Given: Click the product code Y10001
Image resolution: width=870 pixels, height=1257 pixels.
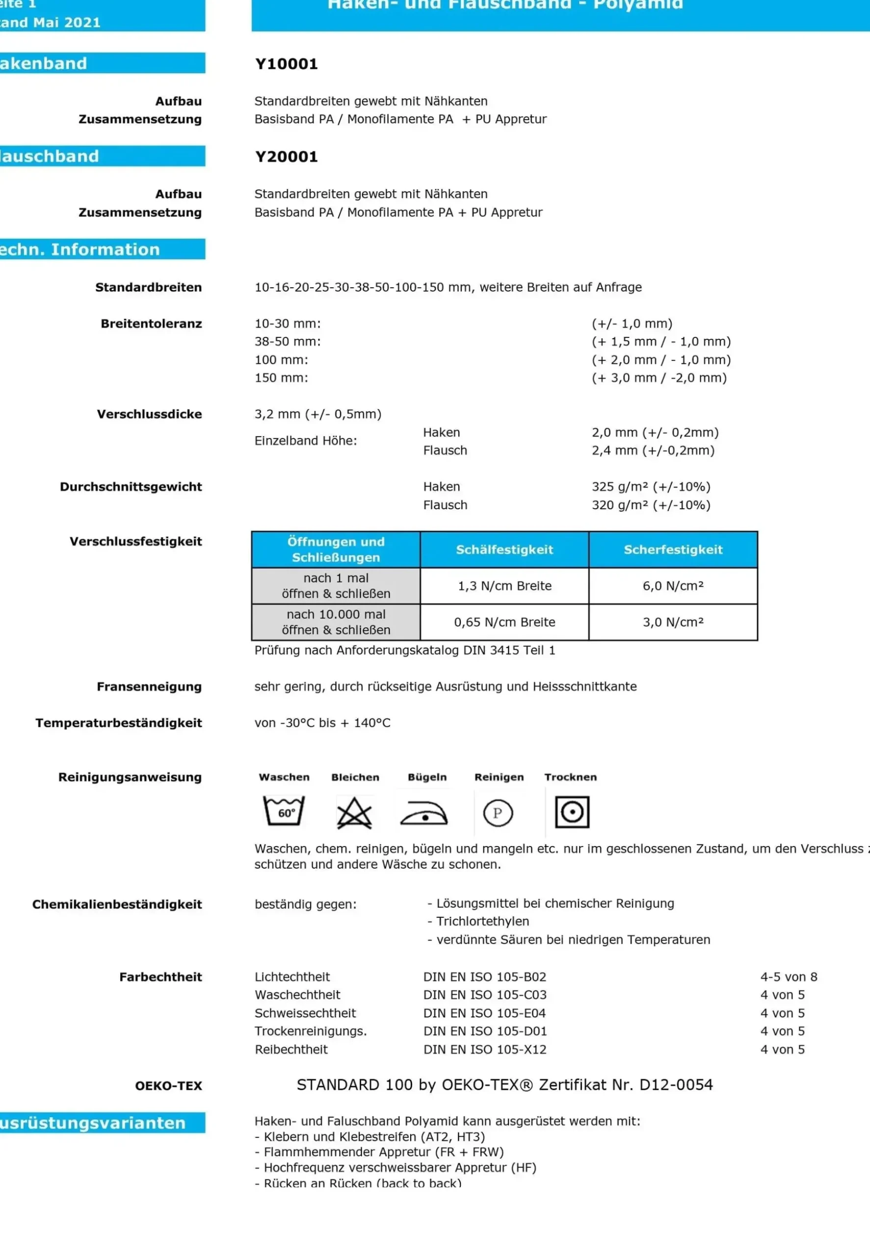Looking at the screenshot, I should point(286,64).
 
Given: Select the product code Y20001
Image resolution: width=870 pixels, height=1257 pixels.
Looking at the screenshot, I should point(286,157).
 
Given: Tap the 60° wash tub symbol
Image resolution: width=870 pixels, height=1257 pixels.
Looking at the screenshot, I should point(284,811).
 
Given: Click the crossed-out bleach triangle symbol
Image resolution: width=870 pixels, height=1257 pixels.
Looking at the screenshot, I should point(354,813).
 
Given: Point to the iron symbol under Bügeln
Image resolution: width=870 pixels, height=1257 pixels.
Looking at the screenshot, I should point(424,814).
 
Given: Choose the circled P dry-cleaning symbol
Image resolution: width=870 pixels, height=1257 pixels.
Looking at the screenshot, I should point(498,813).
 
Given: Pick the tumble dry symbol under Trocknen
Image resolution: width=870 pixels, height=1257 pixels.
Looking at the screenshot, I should point(572,812).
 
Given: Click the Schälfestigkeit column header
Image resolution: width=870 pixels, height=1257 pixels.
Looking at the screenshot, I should point(504,550).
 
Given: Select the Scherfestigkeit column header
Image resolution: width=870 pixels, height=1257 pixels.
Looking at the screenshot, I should point(673,550).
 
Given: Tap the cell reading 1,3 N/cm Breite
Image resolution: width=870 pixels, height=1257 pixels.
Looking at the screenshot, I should point(504,586).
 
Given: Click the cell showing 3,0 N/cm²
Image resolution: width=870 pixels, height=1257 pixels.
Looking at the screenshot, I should point(673,622).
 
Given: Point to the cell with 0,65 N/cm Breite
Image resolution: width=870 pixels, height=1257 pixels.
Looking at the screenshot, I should point(504,622).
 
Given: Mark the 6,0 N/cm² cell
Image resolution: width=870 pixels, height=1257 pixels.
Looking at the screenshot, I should point(673,586).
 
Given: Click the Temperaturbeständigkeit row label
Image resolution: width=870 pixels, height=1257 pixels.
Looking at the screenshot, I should point(119,723).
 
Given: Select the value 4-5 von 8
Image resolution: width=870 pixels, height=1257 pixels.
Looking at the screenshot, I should point(788,977).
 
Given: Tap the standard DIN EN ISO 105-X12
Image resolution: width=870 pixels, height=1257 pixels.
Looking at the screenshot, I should point(485,1049).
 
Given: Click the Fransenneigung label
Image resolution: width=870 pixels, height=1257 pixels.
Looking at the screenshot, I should point(149,686).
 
